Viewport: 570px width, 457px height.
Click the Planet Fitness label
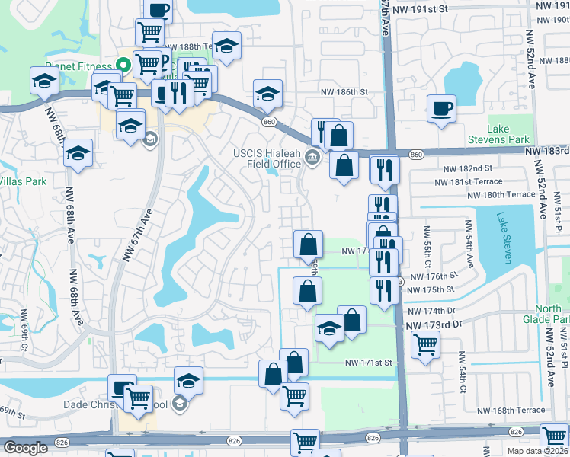(x=79, y=66)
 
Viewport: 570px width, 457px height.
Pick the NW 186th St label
(x=342, y=91)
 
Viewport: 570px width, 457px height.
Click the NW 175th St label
(x=431, y=290)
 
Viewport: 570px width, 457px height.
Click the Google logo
(x=25, y=448)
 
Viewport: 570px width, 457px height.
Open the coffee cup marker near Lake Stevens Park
(x=441, y=108)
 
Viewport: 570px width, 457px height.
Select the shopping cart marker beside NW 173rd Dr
(x=424, y=344)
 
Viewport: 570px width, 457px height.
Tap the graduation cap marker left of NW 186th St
(x=267, y=93)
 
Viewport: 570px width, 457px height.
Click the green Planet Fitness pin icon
(x=120, y=66)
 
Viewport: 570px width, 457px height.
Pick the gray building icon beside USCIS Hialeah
(x=311, y=158)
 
